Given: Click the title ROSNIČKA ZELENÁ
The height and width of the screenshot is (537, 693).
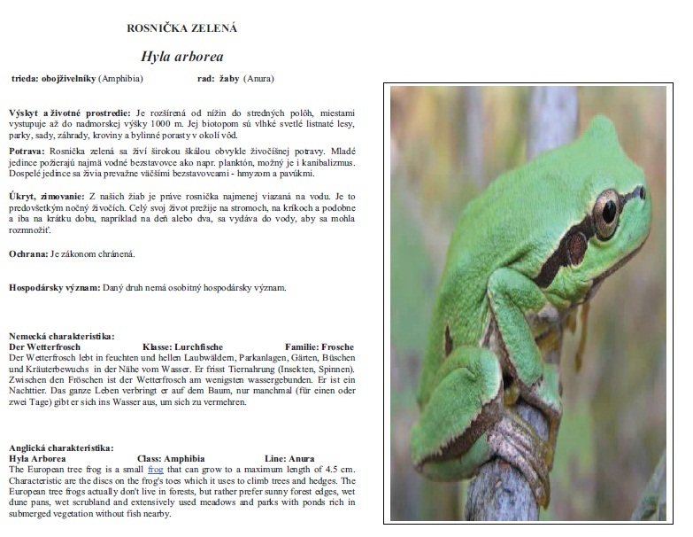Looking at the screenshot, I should [182, 27].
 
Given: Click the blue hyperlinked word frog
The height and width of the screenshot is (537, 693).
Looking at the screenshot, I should [157, 469].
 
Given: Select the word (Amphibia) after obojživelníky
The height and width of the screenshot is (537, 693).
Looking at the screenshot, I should [120, 78].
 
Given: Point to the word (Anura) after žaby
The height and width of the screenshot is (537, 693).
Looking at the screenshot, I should [259, 78].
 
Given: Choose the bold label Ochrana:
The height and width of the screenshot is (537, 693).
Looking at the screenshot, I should [28, 254].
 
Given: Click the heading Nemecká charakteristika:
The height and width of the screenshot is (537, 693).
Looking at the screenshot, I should [61, 336].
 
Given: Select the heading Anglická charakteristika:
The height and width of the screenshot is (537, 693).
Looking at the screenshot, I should [61, 447].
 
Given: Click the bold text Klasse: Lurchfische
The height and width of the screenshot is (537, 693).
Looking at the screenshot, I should [182, 346].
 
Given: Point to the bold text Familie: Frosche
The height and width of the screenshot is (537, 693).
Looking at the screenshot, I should [320, 346].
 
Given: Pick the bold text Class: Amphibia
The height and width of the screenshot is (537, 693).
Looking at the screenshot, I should [179, 458].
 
